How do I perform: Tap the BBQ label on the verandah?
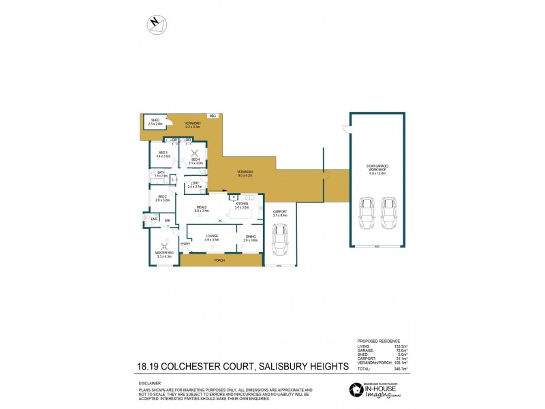click(213, 117)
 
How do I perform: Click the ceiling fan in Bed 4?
click(195, 153)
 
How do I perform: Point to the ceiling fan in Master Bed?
click(165, 247)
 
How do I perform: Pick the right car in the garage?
click(389, 213)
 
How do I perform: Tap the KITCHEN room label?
click(242, 204)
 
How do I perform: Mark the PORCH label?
click(219, 260)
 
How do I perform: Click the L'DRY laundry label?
click(194, 183)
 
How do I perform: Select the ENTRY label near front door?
click(185, 244)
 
